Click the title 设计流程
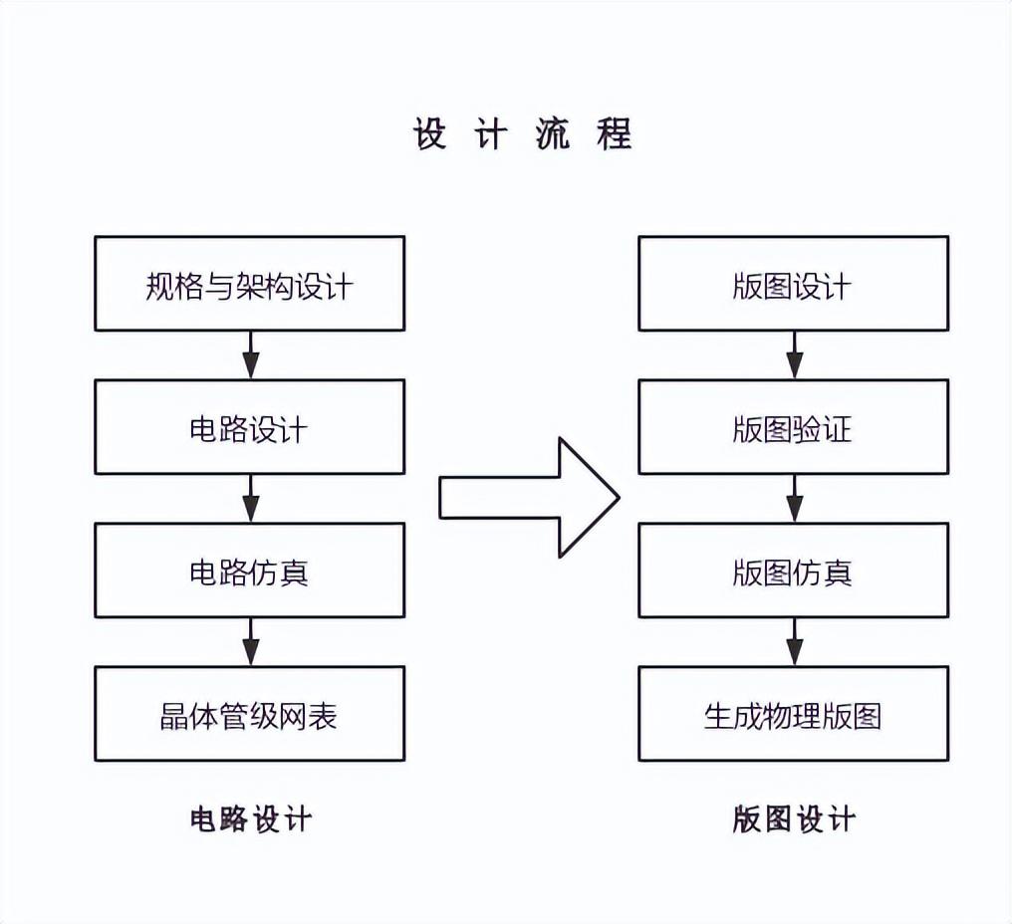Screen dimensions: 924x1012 (523, 134)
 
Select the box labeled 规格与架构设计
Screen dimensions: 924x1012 (249, 284)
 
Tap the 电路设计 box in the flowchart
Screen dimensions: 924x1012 (249, 427)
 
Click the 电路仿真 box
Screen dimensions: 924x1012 (249, 571)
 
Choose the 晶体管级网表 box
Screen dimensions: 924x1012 (249, 714)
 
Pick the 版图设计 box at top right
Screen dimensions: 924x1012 (793, 284)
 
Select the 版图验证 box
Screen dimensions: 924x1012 (793, 427)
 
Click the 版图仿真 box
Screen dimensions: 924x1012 (793, 571)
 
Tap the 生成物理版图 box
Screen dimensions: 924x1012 (793, 714)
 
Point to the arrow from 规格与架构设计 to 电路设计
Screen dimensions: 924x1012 (250, 355)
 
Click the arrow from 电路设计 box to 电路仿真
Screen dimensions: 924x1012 (250, 499)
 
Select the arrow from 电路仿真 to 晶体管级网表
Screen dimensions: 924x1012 (250, 642)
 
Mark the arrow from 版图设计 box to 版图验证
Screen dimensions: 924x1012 (794, 355)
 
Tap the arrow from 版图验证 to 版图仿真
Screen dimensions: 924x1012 (794, 499)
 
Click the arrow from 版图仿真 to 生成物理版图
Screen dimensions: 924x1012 (794, 642)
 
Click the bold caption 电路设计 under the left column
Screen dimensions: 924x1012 (251, 818)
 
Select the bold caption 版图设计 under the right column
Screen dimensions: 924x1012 (794, 818)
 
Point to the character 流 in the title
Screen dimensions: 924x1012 (552, 134)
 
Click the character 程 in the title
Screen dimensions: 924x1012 (615, 134)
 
